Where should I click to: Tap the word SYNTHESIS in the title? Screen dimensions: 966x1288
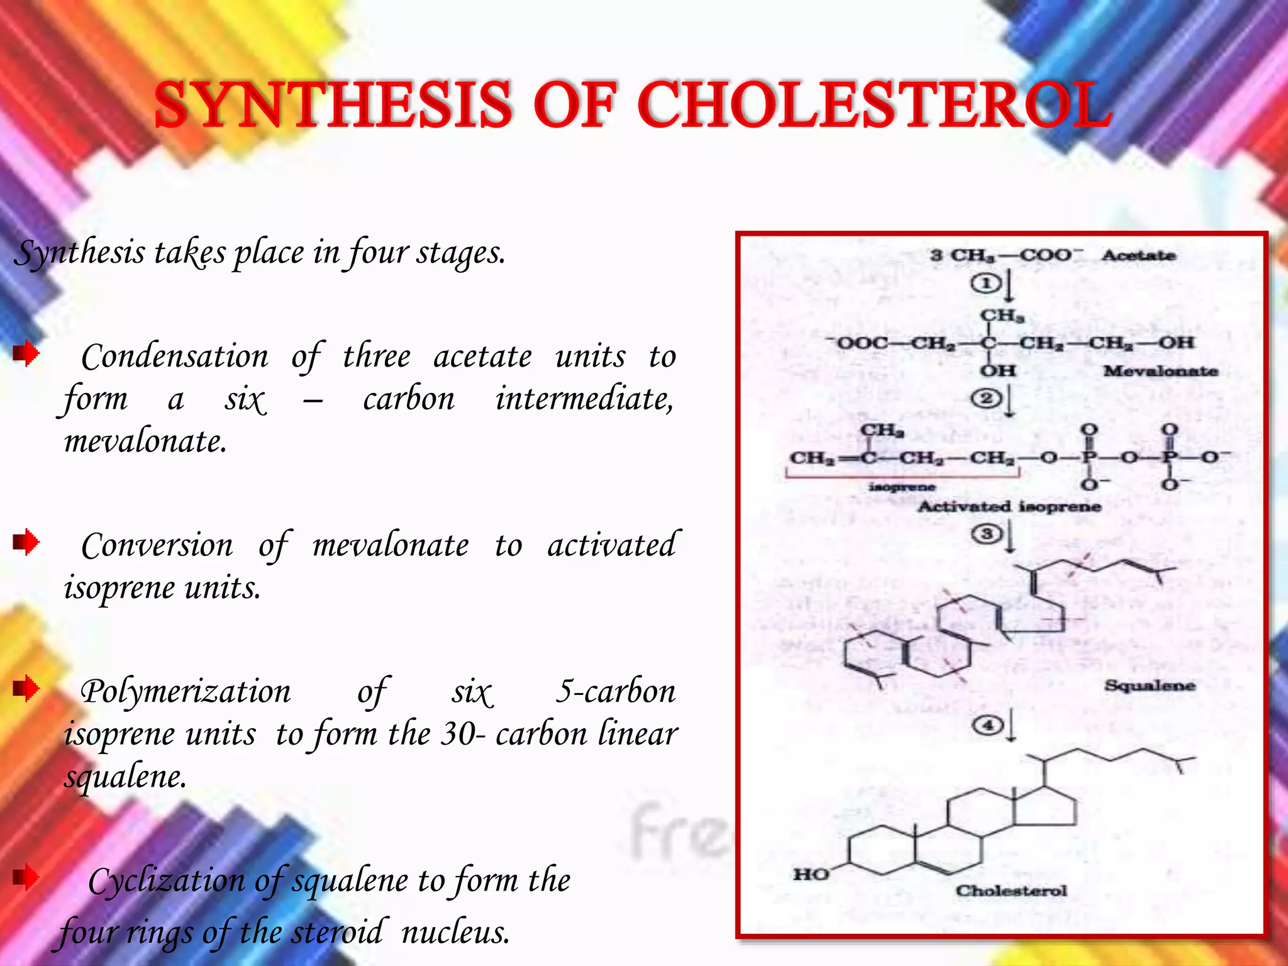pyautogui.click(x=333, y=104)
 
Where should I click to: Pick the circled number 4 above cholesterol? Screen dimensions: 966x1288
pyautogui.click(x=987, y=726)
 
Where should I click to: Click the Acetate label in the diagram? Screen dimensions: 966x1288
pyautogui.click(x=1138, y=255)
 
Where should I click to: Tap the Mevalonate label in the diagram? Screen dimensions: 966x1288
pyautogui.click(x=1160, y=371)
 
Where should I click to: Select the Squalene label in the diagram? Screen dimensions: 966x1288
pyautogui.click(x=1150, y=685)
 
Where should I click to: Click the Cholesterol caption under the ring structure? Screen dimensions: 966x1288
pyautogui.click(x=1011, y=891)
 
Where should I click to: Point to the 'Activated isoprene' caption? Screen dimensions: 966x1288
pyautogui.click(x=1009, y=506)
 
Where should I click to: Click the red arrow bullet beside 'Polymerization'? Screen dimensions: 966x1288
pyautogui.click(x=26, y=688)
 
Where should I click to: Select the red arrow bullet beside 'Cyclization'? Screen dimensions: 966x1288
pyautogui.click(x=26, y=877)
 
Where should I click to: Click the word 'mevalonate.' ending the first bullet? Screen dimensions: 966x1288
pyautogui.click(x=145, y=441)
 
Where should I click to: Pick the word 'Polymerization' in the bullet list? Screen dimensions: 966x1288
pyautogui.click(x=186, y=692)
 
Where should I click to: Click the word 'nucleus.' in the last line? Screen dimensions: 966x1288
pyautogui.click(x=455, y=932)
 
